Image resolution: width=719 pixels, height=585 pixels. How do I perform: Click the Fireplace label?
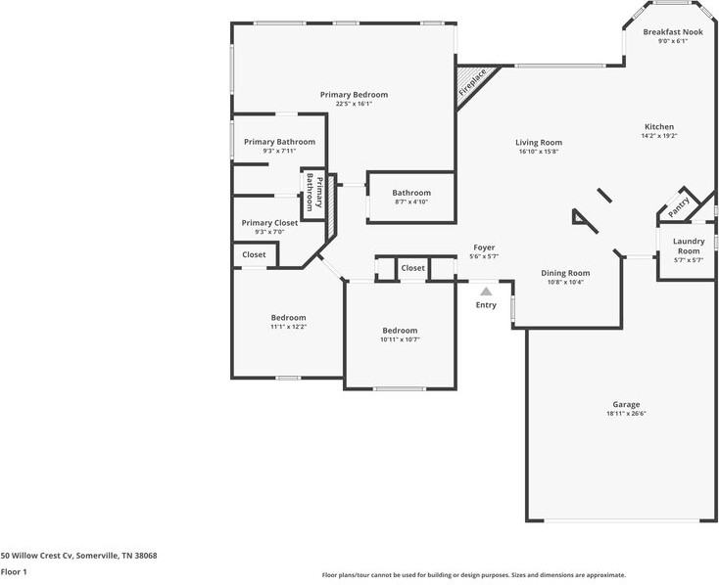pyautogui.click(x=472, y=83)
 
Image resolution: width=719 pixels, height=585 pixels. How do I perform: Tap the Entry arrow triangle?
pyautogui.click(x=486, y=291)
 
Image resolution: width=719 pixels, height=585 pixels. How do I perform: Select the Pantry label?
pyautogui.click(x=679, y=205)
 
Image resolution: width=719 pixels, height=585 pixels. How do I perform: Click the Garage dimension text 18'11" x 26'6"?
pyautogui.click(x=626, y=414)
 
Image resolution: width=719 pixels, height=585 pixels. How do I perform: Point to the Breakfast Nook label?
pyautogui.click(x=672, y=32)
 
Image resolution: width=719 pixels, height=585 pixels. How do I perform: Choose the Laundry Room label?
pyautogui.click(x=688, y=247)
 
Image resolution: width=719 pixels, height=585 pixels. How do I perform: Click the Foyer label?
pyautogui.click(x=485, y=247)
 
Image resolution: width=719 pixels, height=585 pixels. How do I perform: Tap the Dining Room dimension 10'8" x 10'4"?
pyautogui.click(x=565, y=282)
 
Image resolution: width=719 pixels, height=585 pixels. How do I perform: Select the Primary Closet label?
pyautogui.click(x=270, y=223)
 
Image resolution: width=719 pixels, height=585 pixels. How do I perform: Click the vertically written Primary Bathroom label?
pyautogui.click(x=312, y=193)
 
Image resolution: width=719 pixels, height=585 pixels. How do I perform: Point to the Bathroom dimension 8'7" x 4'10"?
pyautogui.click(x=411, y=202)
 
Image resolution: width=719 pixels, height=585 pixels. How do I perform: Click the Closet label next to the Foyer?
pyautogui.click(x=412, y=268)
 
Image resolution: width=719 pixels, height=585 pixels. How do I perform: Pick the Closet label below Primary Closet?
pyautogui.click(x=254, y=254)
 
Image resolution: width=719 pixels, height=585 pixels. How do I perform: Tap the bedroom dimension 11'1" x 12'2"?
pyautogui.click(x=288, y=327)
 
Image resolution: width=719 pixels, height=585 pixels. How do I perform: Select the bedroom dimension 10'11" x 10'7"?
pyautogui.click(x=400, y=339)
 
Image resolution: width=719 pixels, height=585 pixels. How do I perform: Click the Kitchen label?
pyautogui.click(x=658, y=126)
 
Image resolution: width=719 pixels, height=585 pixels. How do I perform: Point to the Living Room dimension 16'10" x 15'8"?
pyautogui.click(x=538, y=152)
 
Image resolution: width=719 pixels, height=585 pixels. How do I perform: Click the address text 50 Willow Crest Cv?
pyautogui.click(x=78, y=555)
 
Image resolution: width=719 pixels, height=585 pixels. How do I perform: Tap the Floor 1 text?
pyautogui.click(x=14, y=572)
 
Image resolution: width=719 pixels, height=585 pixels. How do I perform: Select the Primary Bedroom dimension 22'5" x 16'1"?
pyautogui.click(x=354, y=104)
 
